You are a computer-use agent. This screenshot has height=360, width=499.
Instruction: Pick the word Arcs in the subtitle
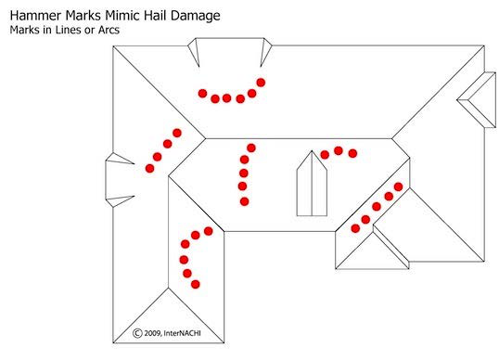pyautogui.click(x=109, y=30)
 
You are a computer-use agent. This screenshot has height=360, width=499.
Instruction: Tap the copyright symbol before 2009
pyautogui.click(x=137, y=333)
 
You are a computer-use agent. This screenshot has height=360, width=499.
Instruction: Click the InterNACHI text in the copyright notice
pyautogui.click(x=182, y=333)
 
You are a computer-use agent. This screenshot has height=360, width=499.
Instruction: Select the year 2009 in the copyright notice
pyautogui.click(x=153, y=334)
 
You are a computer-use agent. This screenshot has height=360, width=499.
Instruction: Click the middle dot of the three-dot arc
pyautogui.click(x=339, y=150)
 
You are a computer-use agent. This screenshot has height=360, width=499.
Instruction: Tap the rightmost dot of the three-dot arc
pyautogui.click(x=352, y=153)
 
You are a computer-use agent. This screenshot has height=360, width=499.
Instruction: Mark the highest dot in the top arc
pyautogui.click(x=261, y=83)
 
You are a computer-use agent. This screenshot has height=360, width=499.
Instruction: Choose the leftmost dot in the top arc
pyautogui.click(x=203, y=94)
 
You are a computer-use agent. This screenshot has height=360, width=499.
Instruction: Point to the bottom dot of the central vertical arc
pyautogui.click(x=245, y=201)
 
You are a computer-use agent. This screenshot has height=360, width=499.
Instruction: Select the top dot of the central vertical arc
pyautogui.click(x=251, y=148)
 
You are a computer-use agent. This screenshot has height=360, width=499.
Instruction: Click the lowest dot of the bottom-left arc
pyautogui.click(x=196, y=284)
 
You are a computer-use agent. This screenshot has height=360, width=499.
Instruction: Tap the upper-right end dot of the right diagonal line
pyautogui.click(x=399, y=186)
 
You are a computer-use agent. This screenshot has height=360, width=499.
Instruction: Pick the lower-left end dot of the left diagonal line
pyautogui.click(x=149, y=168)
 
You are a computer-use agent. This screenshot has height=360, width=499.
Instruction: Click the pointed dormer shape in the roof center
pyautogui.click(x=312, y=184)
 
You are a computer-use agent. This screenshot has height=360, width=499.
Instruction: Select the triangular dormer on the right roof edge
pyautogui.click(x=478, y=100)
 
